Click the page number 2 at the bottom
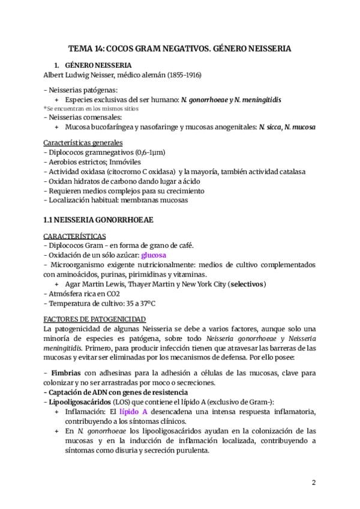tap(313, 483)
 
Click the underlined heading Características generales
tap(83, 143)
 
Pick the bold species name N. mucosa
tap(301, 127)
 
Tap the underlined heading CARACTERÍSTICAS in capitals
tap(75, 236)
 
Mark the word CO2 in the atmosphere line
tap(112, 294)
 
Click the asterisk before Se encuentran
tap(45, 109)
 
